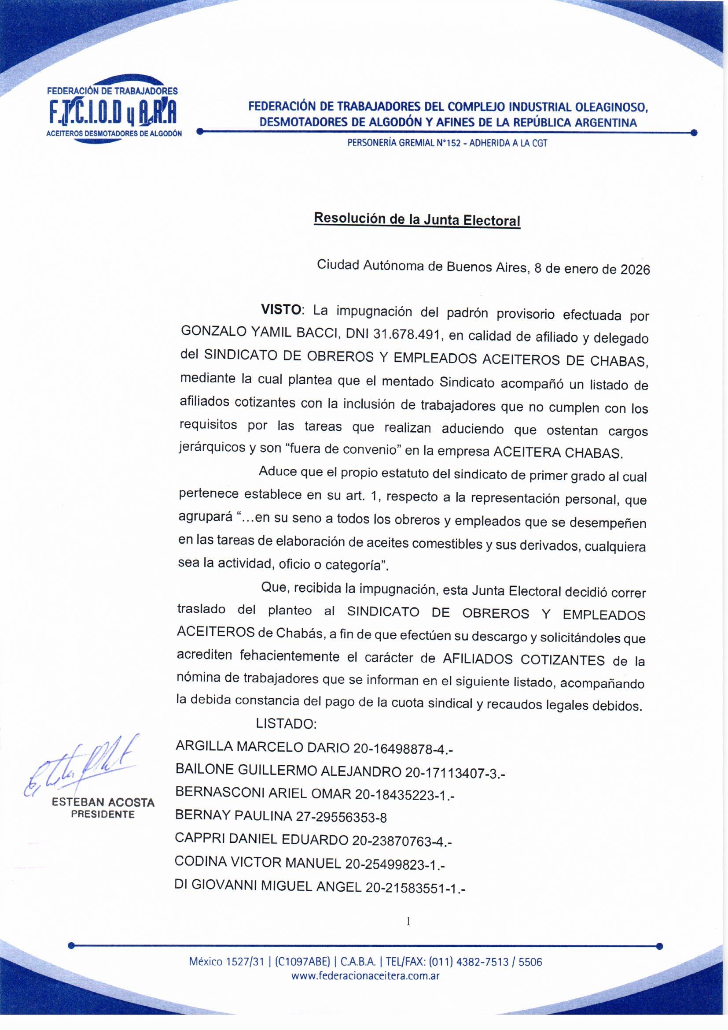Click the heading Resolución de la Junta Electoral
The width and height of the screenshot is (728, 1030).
pyautogui.click(x=417, y=220)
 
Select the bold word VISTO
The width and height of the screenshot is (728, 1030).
pyautogui.click(x=281, y=310)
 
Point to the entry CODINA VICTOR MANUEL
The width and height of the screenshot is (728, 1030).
pyautogui.click(x=258, y=862)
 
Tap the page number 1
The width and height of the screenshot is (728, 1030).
pyautogui.click(x=408, y=922)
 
